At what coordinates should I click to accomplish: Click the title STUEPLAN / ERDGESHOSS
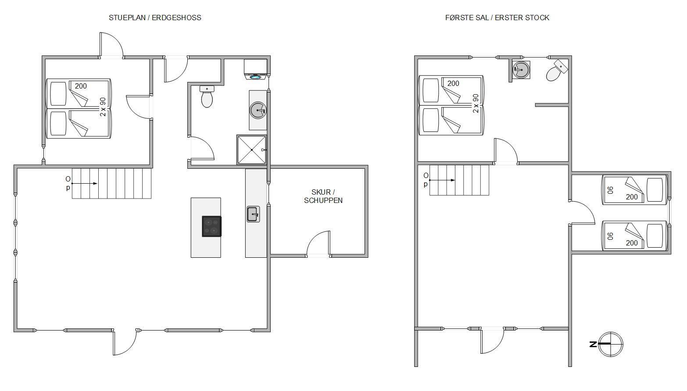point(155,18)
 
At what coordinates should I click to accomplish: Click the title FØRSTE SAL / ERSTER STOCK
point(497,18)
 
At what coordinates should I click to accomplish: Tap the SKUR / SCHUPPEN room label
point(323,196)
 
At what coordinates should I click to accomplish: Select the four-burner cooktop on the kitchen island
point(211,227)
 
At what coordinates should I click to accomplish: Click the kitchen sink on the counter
point(253,214)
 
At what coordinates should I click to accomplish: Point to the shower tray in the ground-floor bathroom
point(251,150)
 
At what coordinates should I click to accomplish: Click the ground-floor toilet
point(207,96)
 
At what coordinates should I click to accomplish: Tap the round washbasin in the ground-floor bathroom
point(258,110)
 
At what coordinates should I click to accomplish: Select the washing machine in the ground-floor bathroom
point(255,69)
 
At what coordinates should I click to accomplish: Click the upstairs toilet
point(557,71)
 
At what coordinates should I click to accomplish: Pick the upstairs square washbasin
point(521,70)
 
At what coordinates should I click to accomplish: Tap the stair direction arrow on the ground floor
point(84,184)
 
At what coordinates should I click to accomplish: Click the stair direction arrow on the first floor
point(442,180)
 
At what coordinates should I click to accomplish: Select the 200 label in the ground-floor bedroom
point(81,86)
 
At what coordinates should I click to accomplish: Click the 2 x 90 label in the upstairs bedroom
point(476,103)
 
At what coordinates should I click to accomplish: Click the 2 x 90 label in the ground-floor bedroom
point(103,107)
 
